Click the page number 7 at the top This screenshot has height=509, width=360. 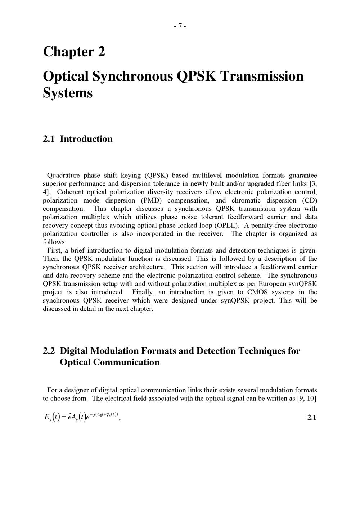[x=180, y=26]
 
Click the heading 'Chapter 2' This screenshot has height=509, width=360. [x=74, y=52]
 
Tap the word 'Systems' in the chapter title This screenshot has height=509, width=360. [x=68, y=93]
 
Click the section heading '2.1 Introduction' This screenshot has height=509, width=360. [x=77, y=139]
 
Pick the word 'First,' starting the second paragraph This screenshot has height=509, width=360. [x=55, y=250]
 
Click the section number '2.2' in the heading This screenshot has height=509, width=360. [x=49, y=351]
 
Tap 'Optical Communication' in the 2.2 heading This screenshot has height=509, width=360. [x=110, y=362]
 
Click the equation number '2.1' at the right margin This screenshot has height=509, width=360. [x=312, y=418]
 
